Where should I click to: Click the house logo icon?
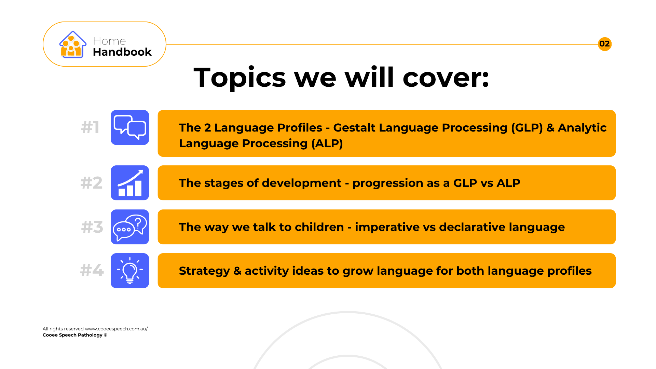(x=72, y=44)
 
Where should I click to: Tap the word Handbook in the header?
(x=122, y=52)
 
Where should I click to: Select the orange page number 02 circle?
(x=605, y=44)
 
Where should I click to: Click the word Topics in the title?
(x=240, y=78)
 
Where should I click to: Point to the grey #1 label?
(x=90, y=127)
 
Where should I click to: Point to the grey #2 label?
(x=91, y=183)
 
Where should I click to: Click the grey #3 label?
(x=92, y=227)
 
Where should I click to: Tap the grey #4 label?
(x=92, y=270)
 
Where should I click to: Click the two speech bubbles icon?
(x=130, y=127)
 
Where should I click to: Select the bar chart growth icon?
(x=130, y=183)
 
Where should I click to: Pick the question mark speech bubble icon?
(x=130, y=227)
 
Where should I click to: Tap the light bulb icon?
(x=130, y=271)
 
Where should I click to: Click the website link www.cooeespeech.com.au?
(x=116, y=329)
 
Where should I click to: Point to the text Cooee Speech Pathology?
(x=72, y=335)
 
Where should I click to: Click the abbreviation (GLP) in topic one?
(x=527, y=127)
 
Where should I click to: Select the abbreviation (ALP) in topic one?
(x=327, y=143)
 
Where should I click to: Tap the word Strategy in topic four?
(x=204, y=271)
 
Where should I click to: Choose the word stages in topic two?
(x=223, y=183)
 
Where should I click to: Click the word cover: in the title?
(x=446, y=78)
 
